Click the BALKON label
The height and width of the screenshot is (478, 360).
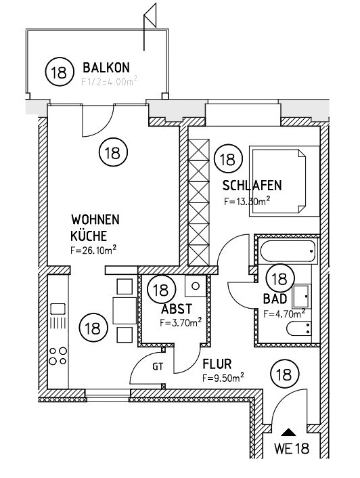pyautogui.click(x=106, y=68)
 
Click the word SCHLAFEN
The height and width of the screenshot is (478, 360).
pyautogui.click(x=252, y=186)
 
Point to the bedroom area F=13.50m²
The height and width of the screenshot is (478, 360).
pyautogui.click(x=247, y=200)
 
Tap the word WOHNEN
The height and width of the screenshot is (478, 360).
pyautogui.click(x=95, y=220)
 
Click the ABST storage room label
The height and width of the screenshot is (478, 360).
pyautogui.click(x=173, y=309)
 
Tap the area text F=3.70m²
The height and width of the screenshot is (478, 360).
pyautogui.click(x=180, y=323)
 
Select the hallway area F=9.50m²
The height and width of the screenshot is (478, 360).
pyautogui.click(x=223, y=378)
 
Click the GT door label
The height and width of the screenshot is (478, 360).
pyautogui.click(x=158, y=367)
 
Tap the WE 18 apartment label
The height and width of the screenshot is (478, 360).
pyautogui.click(x=291, y=448)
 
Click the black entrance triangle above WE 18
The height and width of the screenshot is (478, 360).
pyautogui.click(x=289, y=431)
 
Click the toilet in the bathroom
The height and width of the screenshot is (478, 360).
pyautogui.click(x=298, y=330)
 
